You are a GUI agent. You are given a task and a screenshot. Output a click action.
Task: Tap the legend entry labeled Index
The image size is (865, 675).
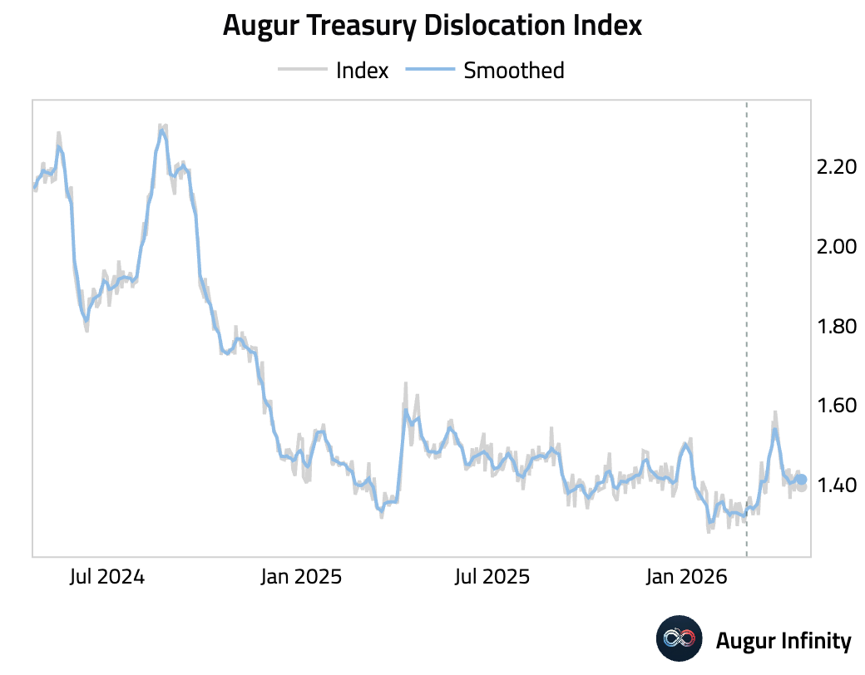[x=362, y=71]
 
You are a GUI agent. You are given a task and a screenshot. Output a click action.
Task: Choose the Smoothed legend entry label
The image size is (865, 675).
[x=513, y=71]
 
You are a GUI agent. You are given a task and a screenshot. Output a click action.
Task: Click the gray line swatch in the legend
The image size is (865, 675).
[x=301, y=71]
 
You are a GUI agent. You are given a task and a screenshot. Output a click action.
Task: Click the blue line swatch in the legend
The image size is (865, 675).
[x=429, y=71]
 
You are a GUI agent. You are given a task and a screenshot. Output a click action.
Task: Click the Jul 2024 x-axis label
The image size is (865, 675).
[x=107, y=577]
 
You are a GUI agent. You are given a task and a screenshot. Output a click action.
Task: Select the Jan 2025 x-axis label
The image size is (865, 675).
[x=300, y=577]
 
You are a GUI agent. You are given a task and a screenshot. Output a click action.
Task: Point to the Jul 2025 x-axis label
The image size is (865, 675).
[x=492, y=577]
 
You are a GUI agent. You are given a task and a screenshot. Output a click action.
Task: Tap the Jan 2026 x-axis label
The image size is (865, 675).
[x=685, y=577]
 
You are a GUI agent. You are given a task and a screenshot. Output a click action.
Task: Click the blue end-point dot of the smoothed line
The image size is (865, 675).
[x=802, y=480]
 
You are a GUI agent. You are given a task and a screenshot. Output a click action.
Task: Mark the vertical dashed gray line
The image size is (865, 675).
[x=746, y=333]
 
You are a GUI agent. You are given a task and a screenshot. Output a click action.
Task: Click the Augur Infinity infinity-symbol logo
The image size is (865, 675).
[x=680, y=640]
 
